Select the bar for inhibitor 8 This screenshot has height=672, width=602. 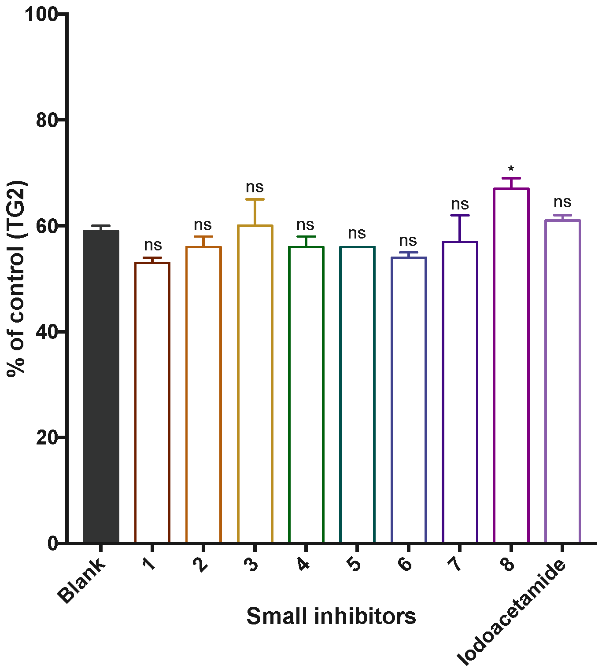click(x=511, y=365)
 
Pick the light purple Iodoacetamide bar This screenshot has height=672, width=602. click(x=562, y=381)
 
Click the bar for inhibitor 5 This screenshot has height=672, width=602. click(x=357, y=394)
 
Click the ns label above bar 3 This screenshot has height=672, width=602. click(x=255, y=187)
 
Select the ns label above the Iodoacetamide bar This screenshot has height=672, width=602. click(x=562, y=202)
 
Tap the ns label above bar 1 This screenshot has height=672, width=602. click(x=152, y=245)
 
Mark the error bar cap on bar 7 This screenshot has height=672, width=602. click(x=460, y=215)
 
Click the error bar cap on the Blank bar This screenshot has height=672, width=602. click(x=101, y=226)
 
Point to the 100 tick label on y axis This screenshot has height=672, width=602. click(x=41, y=15)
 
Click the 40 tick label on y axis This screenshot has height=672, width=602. click(x=47, y=332)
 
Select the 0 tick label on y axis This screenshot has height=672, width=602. click(x=53, y=543)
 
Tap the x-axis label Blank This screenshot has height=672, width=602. click(x=82, y=581)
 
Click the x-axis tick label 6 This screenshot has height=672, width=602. click(x=405, y=564)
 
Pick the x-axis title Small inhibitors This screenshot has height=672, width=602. click(x=331, y=616)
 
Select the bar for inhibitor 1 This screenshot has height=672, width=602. click(x=152, y=402)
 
